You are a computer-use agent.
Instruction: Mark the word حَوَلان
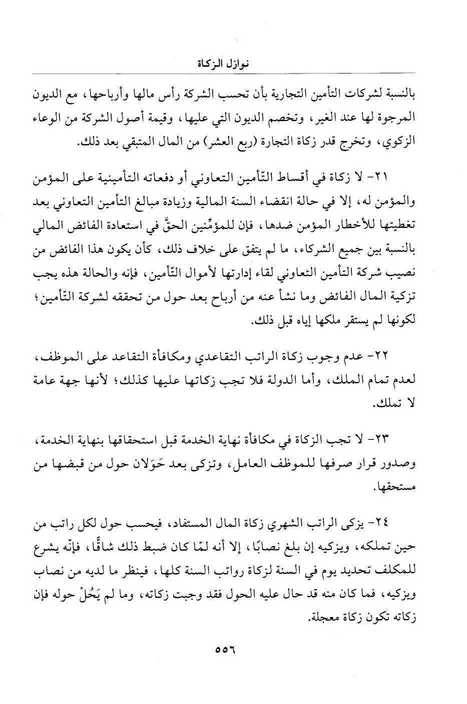tap(158, 464)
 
